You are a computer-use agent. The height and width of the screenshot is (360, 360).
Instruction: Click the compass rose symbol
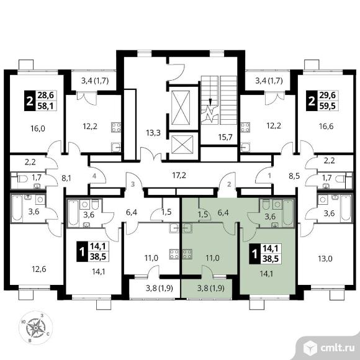coord(36,327)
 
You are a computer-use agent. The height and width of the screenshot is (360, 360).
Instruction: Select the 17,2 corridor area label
coord(179,176)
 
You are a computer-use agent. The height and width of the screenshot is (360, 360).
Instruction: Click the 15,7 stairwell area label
coord(225,137)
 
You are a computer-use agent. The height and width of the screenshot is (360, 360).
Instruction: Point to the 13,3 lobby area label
coord(153,133)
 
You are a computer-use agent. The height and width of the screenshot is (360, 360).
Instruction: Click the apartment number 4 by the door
coord(94,176)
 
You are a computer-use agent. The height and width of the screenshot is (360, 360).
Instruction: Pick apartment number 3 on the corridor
coord(132,184)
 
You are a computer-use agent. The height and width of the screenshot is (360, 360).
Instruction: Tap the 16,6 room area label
coord(326,126)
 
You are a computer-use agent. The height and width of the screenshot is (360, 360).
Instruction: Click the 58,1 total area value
coord(46,106)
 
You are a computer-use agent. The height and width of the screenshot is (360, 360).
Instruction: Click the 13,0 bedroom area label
coord(325,259)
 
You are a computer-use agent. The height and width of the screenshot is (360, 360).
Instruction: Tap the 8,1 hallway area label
coord(66,178)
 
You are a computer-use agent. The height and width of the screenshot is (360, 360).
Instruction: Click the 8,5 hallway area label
coord(295,176)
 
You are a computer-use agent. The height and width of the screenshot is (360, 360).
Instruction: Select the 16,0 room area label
coord(38,128)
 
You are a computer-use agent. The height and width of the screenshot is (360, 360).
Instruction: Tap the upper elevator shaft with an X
coord(181,107)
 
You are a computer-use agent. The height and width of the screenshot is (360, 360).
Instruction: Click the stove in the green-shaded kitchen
coord(187,254)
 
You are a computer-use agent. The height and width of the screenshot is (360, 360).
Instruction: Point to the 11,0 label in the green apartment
coord(212,258)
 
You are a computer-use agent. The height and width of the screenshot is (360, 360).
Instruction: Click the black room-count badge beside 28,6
coord(30,101)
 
